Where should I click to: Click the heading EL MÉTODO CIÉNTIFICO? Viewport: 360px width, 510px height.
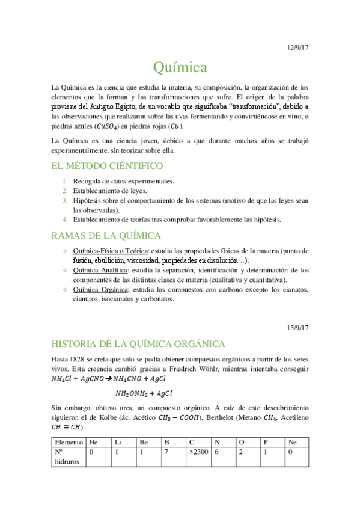tap(108, 165)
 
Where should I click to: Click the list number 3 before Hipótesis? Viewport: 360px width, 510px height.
tap(65, 200)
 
